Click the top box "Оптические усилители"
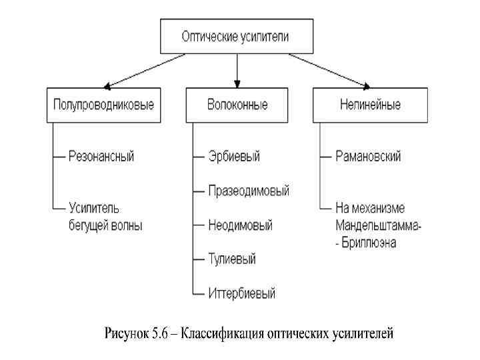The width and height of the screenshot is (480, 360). pos(236,37)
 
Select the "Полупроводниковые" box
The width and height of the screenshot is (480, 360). pos(103,105)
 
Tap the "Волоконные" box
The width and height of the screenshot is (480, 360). pos(237,105)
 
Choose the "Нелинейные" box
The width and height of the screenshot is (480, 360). pos(370,105)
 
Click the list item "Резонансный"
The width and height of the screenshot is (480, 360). pos(101,157)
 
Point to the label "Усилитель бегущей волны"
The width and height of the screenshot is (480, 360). pos(105,217)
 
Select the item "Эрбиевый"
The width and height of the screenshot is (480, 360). pos(233,157)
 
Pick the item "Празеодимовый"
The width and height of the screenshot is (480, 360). pos(248,191)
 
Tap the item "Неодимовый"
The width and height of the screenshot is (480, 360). pos(240,225)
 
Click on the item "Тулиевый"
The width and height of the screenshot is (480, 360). pos(231,259)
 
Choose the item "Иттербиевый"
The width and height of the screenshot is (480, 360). pos(241,293)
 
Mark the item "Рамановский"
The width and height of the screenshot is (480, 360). pos(368,157)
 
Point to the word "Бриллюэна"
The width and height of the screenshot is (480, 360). pos(369,243)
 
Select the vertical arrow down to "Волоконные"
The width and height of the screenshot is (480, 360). pos(237,70)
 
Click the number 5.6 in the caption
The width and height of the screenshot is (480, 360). pos(161,332)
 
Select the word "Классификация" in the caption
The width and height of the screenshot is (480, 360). pos(221,332)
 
